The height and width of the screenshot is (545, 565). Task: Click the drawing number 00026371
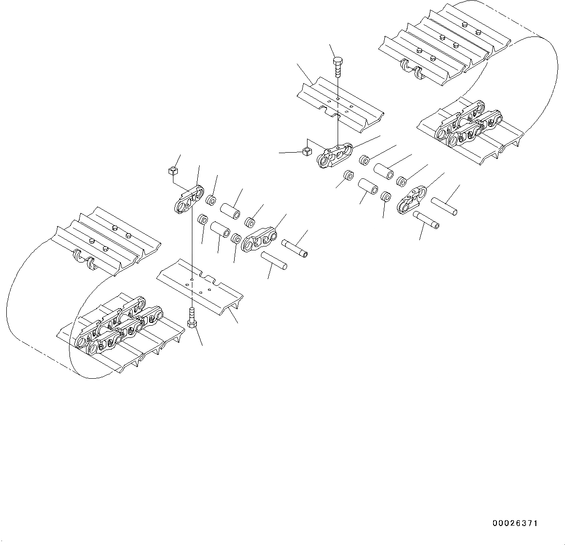point(515,524)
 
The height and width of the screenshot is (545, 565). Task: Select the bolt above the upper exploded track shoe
point(338,66)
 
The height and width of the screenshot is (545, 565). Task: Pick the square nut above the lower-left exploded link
point(172,171)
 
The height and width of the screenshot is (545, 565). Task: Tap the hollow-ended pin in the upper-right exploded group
point(427,219)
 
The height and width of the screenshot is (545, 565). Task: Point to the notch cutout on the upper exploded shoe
point(332,114)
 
